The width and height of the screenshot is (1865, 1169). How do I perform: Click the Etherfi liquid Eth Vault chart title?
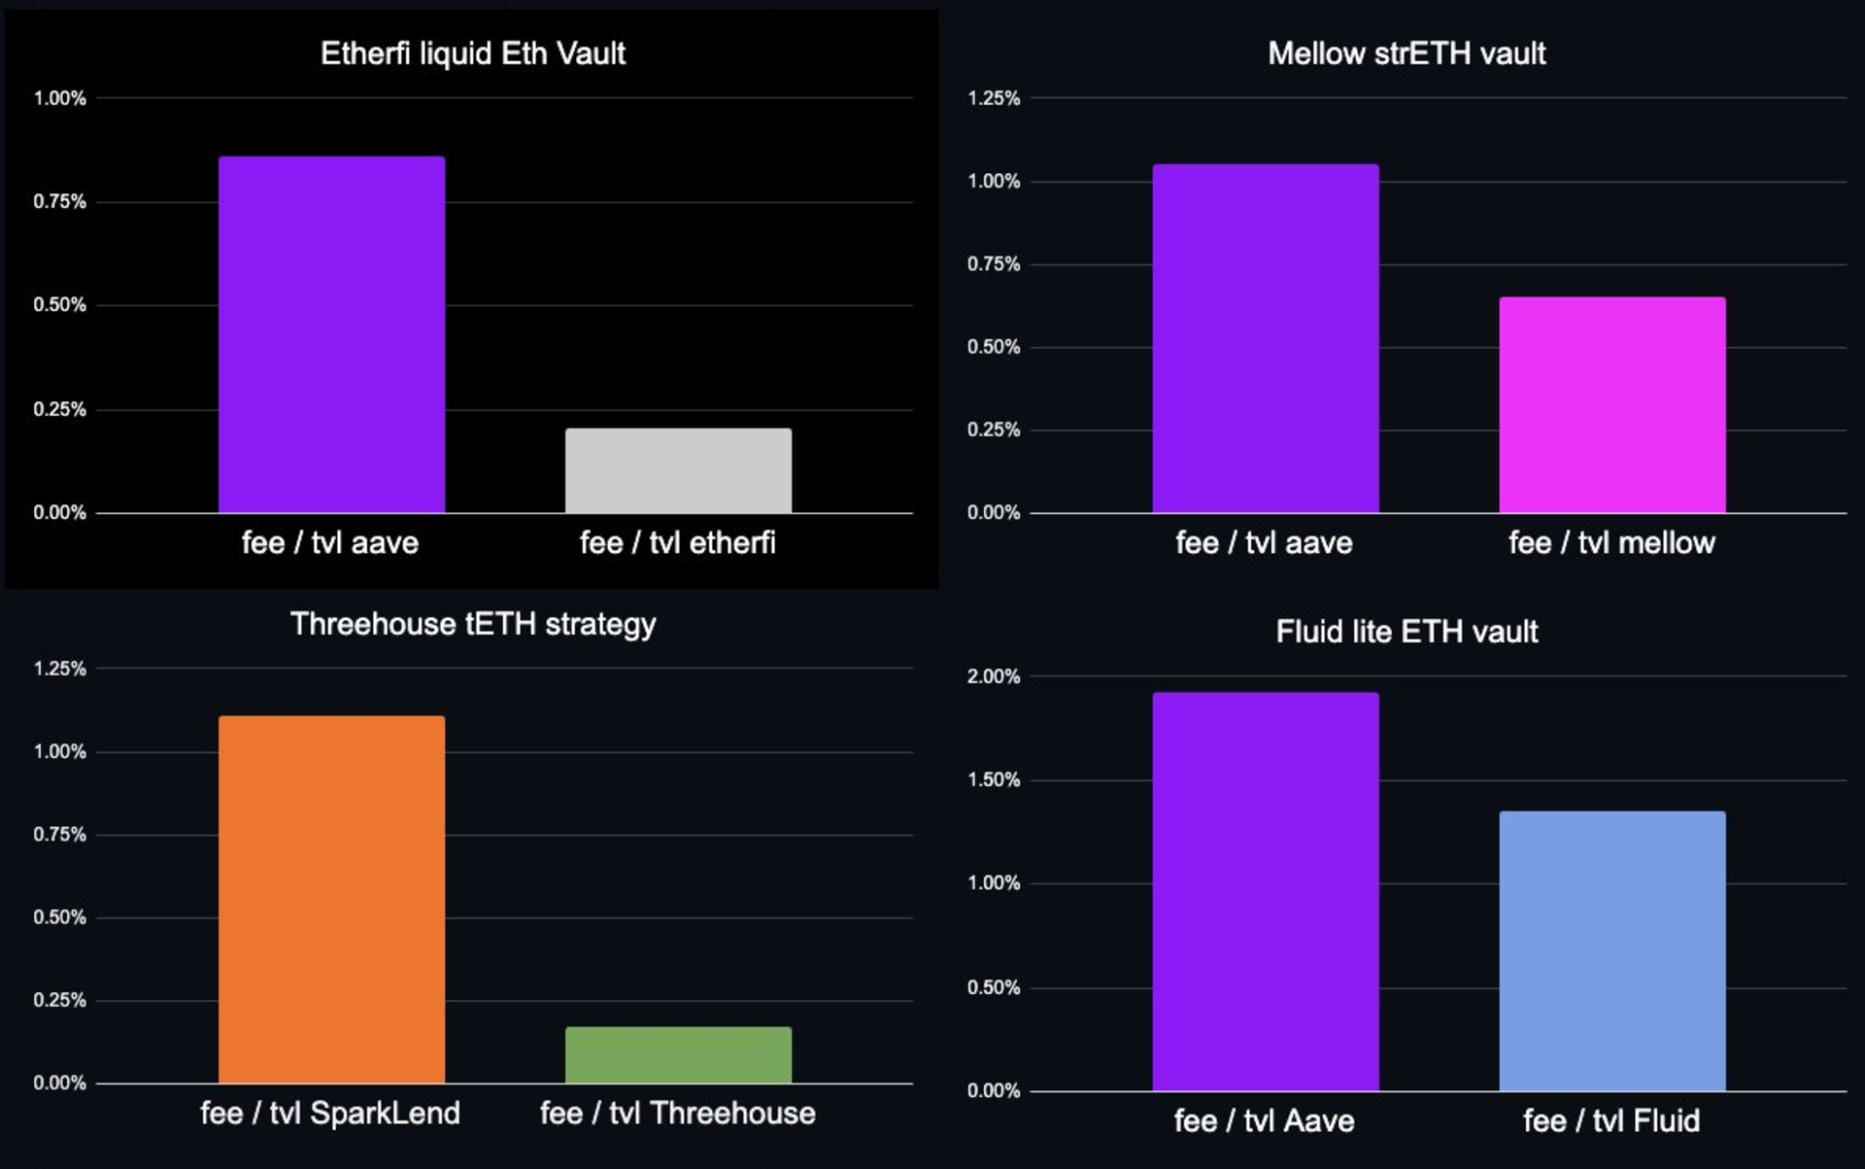[x=472, y=53]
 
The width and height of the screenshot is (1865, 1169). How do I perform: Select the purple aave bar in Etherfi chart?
[x=331, y=334]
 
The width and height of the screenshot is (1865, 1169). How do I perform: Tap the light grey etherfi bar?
[x=678, y=470]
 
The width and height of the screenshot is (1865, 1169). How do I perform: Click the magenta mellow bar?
[x=1611, y=404]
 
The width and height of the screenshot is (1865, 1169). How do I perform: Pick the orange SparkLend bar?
[x=331, y=899]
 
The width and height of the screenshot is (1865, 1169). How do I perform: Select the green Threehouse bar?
[x=678, y=1054]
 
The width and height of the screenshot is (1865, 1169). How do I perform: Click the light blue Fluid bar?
[x=1611, y=950]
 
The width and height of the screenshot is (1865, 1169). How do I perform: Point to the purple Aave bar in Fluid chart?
[x=1265, y=891]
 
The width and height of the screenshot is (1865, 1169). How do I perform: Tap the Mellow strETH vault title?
[x=1406, y=53]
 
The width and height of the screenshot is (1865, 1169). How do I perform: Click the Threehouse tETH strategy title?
[x=472, y=624]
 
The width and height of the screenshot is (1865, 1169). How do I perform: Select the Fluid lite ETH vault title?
[x=1406, y=632]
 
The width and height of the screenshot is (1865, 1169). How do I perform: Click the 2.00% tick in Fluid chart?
[x=993, y=676]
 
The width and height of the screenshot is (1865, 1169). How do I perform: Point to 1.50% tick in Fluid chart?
[x=993, y=779]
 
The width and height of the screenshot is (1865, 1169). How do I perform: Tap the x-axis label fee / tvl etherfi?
[x=677, y=542]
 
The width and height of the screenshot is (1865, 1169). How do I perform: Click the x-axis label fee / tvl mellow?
[x=1611, y=542]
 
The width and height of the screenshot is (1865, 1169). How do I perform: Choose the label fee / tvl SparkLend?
[x=330, y=1113]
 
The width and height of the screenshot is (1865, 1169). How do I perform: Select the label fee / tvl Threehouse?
[x=677, y=1113]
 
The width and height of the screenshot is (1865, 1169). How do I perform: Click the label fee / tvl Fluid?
[x=1611, y=1120]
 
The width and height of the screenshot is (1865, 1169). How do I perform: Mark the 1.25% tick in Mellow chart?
[x=993, y=98]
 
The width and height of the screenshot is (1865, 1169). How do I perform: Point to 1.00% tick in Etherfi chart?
[x=59, y=98]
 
